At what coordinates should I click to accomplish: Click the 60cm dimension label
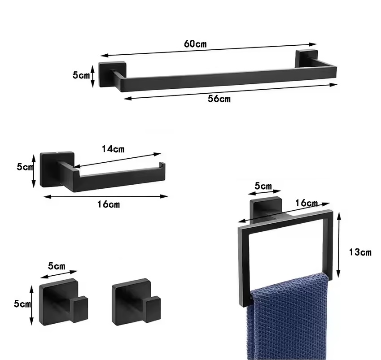[195, 43]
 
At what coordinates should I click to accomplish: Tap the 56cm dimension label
[219, 99]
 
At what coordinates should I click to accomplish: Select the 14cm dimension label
[113, 149]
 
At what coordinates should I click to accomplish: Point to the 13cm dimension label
[360, 252]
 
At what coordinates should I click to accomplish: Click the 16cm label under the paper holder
[109, 204]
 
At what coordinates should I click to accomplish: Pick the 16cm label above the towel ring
[307, 203]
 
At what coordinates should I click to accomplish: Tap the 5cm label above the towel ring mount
[263, 186]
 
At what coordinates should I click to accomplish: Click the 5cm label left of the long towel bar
[81, 75]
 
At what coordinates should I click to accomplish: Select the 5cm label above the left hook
[57, 266]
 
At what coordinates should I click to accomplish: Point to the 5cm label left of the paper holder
[25, 167]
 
